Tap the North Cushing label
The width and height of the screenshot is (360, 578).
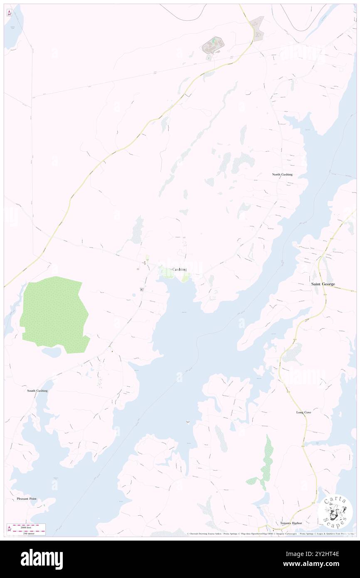tap(282, 174)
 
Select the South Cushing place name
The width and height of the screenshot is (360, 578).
tap(37, 391)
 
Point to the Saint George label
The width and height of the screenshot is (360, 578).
tap(323, 284)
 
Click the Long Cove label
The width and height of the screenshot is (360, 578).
tap(303, 412)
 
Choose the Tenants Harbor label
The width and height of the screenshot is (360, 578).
tap(291, 523)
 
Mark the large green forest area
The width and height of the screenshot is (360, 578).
tap(54, 314)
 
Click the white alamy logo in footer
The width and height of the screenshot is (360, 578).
tap(42, 559)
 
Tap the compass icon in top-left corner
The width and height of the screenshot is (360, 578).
tap(9, 13)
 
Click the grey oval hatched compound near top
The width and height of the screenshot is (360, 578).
tap(213, 45)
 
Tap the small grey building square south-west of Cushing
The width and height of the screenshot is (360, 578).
tap(142, 289)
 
